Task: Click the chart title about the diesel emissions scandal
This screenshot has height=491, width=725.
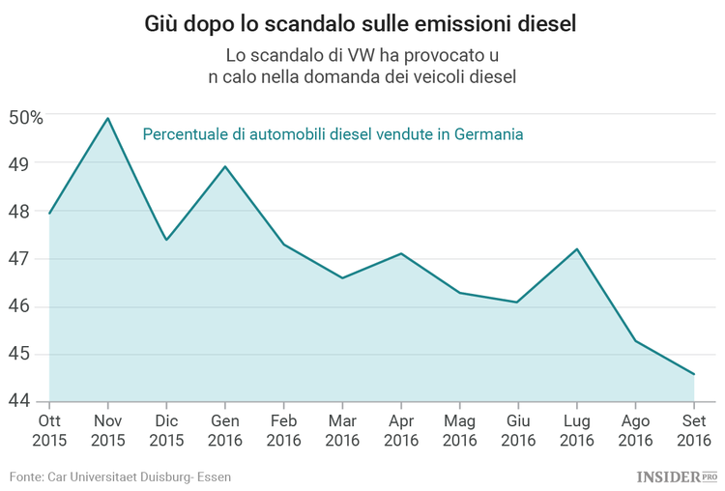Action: pyautogui.click(x=362, y=23)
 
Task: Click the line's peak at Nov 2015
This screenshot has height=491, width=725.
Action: pyautogui.click(x=107, y=118)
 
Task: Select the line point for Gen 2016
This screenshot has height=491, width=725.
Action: pyautogui.click(x=225, y=166)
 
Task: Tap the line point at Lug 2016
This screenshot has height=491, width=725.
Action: pyautogui.click(x=577, y=249)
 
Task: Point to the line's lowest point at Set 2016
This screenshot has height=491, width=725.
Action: pyautogui.click(x=694, y=374)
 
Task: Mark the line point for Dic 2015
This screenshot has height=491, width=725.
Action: pyautogui.click(x=166, y=240)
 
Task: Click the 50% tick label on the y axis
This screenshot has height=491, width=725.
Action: pyautogui.click(x=25, y=118)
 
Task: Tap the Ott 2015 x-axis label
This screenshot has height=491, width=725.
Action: pyautogui.click(x=49, y=431)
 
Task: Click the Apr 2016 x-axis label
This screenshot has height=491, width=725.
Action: pyautogui.click(x=401, y=431)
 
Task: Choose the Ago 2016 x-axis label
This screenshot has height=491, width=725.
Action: pyautogui.click(x=635, y=431)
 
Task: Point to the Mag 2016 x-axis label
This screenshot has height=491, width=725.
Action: pyautogui.click(x=459, y=431)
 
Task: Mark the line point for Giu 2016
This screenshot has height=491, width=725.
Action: pyautogui.click(x=518, y=303)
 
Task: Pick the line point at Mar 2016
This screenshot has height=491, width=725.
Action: pyautogui.click(x=342, y=278)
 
